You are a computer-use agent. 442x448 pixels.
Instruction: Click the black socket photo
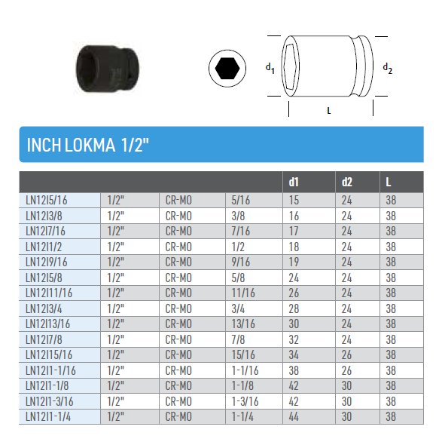coord(108,69)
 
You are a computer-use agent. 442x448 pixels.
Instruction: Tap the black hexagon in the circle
coord(227,69)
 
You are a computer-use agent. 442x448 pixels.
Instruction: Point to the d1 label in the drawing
coord(270,69)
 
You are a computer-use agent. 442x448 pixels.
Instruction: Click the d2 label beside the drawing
coord(387,69)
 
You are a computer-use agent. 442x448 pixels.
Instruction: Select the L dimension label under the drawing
coord(329,111)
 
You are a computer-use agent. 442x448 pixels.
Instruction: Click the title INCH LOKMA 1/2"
coord(88,145)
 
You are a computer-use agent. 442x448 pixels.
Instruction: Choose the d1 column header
coord(294,182)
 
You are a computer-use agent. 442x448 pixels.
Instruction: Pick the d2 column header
coord(347,182)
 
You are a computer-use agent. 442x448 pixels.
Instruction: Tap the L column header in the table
coord(388,182)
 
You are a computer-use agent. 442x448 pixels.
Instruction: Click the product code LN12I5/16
coord(47,201)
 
